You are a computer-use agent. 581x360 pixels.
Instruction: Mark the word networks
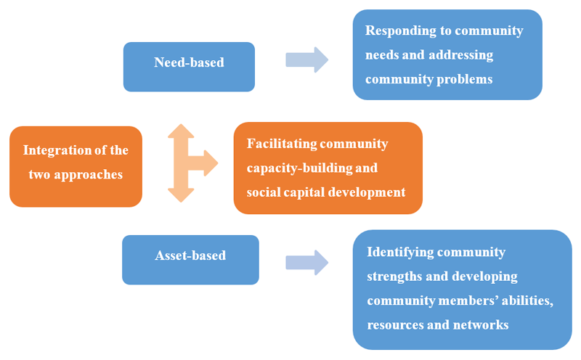point(479,324)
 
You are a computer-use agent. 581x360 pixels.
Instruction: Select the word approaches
point(91,175)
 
